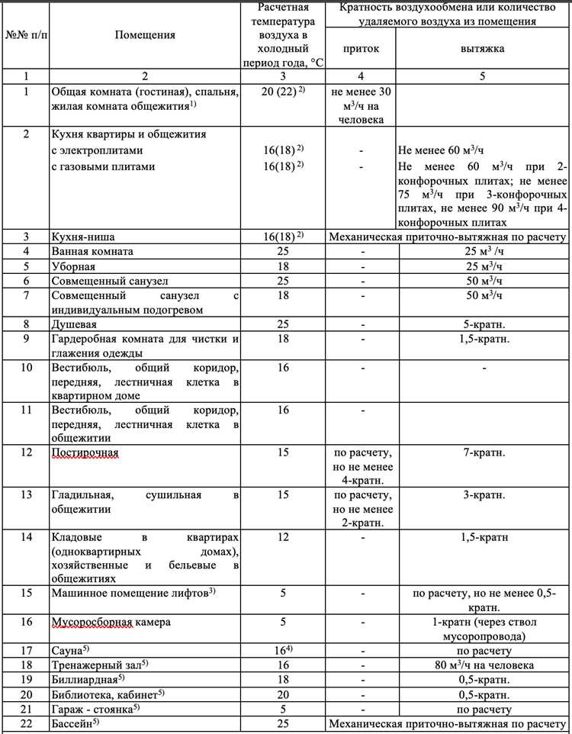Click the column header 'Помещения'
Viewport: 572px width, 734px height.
point(145,34)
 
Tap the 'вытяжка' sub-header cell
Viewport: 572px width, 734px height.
point(482,48)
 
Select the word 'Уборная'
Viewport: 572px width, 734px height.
point(73,266)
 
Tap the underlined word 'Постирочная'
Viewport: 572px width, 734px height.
point(85,453)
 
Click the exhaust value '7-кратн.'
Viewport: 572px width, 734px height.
point(482,453)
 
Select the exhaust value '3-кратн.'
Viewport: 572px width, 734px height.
point(482,495)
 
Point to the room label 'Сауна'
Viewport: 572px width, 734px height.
point(68,651)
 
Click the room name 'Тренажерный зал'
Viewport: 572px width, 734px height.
point(96,665)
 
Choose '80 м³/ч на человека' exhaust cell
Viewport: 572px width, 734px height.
point(482,665)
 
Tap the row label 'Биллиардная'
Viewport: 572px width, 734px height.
point(85,680)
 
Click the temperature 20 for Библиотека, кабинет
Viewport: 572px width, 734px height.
point(283,694)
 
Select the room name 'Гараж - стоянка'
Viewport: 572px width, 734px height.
point(92,709)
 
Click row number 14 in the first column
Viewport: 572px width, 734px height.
point(26,537)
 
